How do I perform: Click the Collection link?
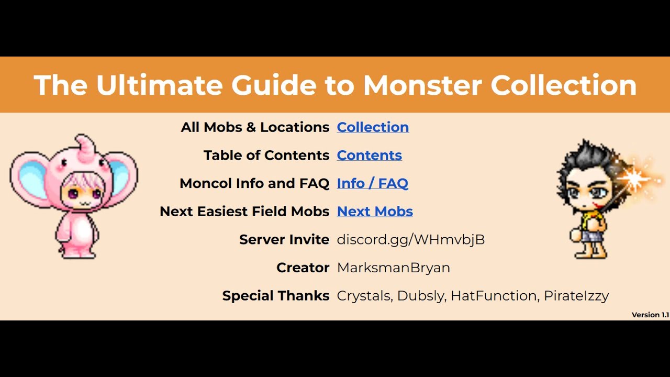(373, 127)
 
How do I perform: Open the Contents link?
(369, 156)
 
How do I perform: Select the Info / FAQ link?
(372, 183)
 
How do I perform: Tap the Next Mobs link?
(375, 212)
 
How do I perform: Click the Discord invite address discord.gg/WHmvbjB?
(410, 240)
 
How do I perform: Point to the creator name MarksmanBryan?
(393, 268)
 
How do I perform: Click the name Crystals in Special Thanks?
(363, 296)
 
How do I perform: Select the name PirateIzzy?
(576, 296)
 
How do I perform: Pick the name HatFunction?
(493, 296)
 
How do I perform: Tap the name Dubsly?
(421, 296)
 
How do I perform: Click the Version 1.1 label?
(650, 315)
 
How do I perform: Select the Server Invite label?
(284, 240)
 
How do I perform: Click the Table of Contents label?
(266, 156)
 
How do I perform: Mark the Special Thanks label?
(275, 296)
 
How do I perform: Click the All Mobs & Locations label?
(255, 127)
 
